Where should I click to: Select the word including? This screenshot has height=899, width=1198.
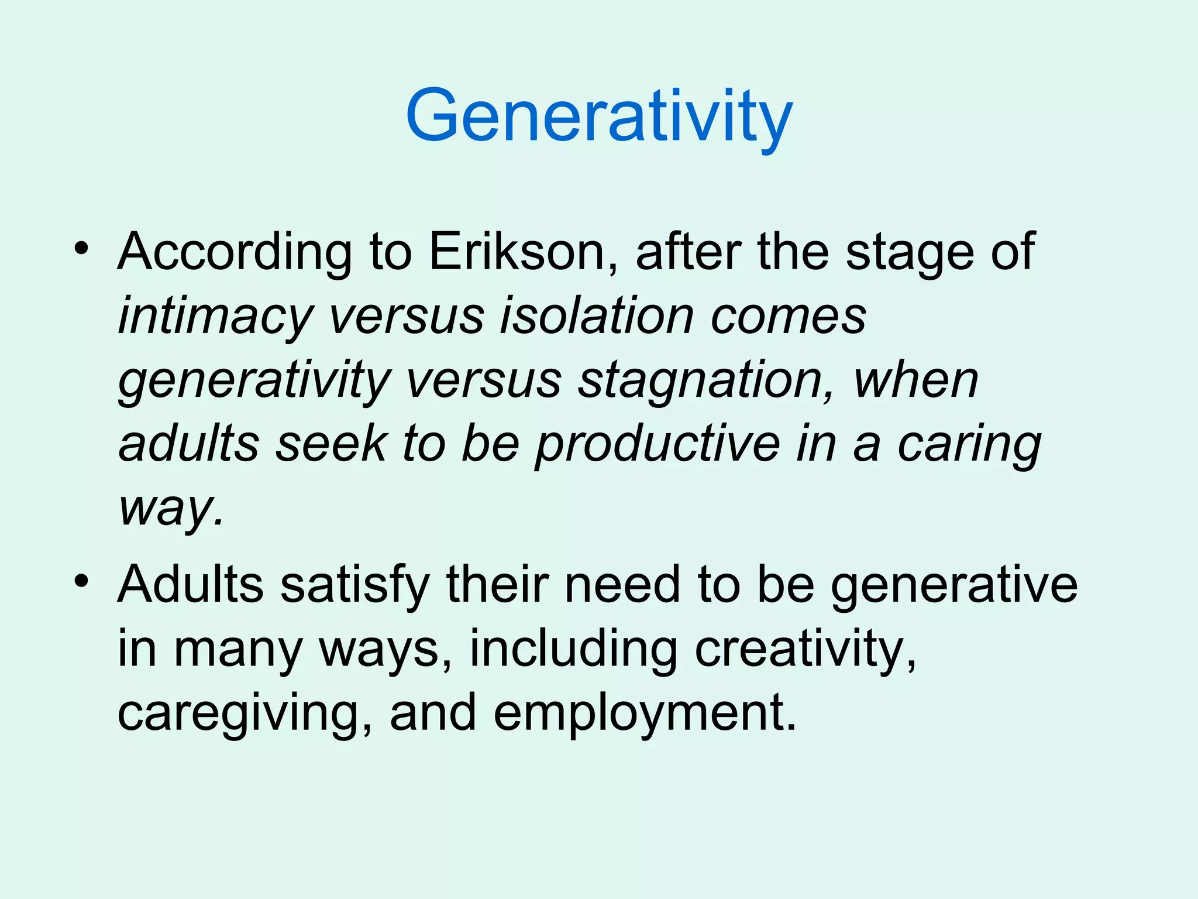pyautogui.click(x=574, y=648)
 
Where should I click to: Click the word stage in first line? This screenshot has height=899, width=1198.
pyautogui.click(x=910, y=253)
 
